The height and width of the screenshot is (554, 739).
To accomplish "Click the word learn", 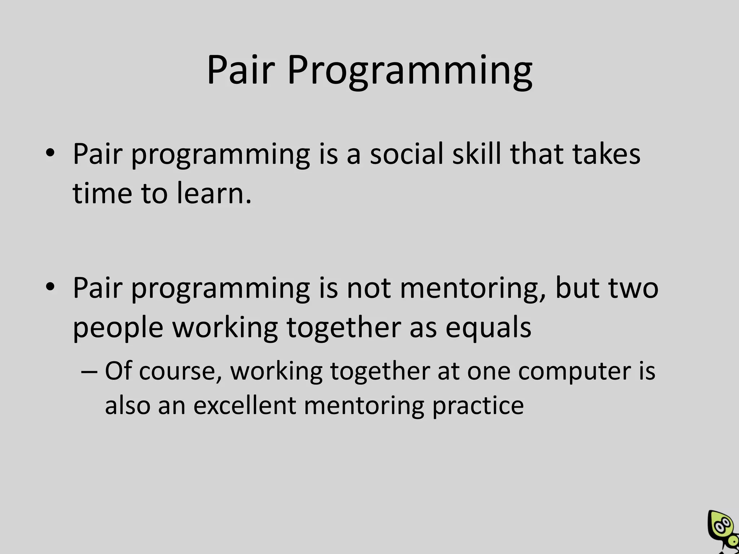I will click(x=214, y=193).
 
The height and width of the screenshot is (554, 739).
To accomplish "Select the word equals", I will click(x=488, y=328).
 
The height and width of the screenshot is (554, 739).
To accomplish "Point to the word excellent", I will click(x=245, y=405).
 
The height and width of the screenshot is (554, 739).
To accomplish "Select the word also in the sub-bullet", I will click(x=127, y=405).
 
